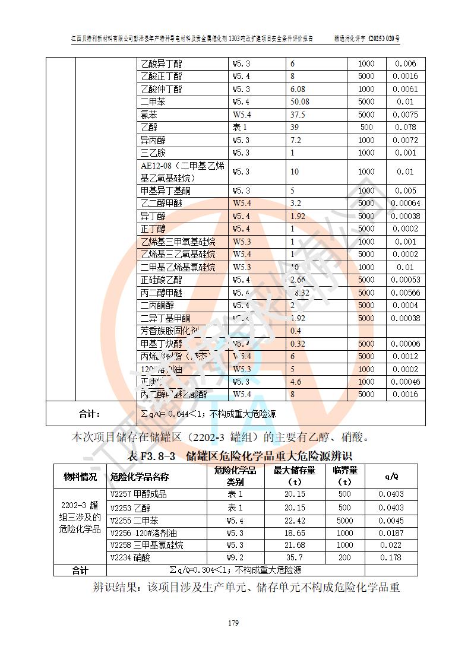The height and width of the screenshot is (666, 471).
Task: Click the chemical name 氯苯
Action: (149, 115)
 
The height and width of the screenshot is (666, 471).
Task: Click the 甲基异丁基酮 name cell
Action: (166, 191)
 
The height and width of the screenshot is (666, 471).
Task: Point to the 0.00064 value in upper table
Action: (406, 204)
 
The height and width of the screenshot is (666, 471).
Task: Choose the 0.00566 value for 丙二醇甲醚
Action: (406, 293)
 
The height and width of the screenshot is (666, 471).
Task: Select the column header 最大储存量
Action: (295, 476)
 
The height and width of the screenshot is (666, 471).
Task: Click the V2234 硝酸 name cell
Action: (131, 558)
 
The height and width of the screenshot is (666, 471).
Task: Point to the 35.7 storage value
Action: (295, 558)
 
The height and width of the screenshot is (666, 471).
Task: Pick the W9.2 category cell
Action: (235, 558)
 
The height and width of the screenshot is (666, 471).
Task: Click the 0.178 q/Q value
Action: (391, 558)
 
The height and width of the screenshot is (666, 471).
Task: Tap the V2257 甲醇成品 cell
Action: (138, 494)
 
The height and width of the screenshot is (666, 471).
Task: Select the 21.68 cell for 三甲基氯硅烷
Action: (295, 546)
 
